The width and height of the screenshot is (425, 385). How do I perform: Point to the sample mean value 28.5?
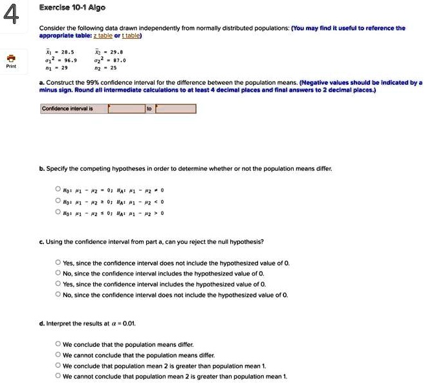[67, 51]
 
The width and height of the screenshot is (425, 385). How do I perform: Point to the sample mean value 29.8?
[117, 51]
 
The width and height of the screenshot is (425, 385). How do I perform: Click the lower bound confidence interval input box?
[127, 109]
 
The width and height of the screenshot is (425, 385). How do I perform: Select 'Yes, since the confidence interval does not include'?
[59, 263]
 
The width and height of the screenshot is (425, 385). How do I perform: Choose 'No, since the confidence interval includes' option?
[59, 274]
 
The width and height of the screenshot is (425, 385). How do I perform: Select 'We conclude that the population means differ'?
[59, 344]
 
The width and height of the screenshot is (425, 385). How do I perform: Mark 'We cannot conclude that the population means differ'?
[59, 355]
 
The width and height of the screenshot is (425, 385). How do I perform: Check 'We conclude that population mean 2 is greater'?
[59, 366]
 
